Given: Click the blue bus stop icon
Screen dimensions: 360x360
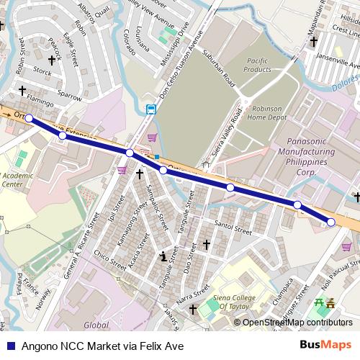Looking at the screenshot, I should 150,109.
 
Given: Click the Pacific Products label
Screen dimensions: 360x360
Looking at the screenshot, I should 258,65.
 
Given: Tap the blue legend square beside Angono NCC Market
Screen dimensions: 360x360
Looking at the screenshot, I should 9,346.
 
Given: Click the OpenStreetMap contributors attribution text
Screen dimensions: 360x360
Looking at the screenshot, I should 297,323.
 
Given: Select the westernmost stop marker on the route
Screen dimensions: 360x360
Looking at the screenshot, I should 29,118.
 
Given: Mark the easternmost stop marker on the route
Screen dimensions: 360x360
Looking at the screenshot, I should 330,222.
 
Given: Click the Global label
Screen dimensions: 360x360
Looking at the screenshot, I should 96,325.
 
